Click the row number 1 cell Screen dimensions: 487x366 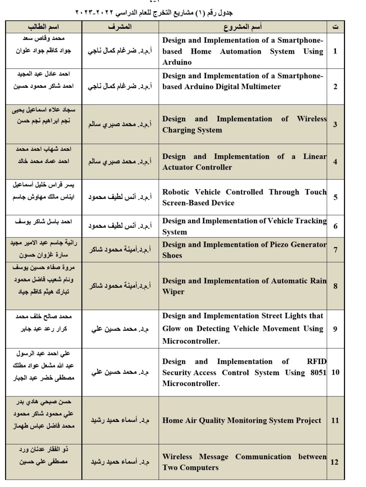click(335, 51)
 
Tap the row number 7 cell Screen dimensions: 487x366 click(335, 250)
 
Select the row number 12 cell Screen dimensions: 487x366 click(334, 462)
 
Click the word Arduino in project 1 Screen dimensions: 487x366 click(177, 62)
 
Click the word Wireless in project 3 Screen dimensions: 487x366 click(312, 119)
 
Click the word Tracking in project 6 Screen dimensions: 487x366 click(311, 221)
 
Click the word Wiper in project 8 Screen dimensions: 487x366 click(173, 292)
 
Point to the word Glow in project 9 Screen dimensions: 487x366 click(171, 329)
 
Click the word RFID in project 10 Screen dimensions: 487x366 click(317, 361)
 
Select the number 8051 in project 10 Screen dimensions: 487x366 click(318, 372)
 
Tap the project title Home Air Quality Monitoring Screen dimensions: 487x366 click(242, 420)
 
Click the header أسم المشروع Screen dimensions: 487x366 click(242, 27)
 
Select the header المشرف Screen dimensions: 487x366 click(120, 27)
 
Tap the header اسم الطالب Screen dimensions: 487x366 click(43, 27)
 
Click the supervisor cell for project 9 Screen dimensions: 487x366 click(120, 329)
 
